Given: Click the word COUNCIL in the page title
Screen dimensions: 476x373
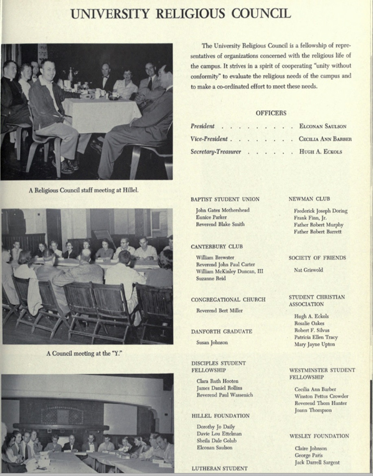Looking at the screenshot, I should pos(261,13).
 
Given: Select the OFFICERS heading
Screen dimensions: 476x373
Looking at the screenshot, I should pos(271,113).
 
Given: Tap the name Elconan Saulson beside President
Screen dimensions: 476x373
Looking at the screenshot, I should pos(323,126).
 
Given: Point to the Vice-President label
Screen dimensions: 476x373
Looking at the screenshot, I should pos(209,139).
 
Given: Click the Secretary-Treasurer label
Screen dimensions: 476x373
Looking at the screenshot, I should pos(216,151).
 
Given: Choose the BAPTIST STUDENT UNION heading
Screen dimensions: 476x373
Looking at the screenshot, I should pos(225,199).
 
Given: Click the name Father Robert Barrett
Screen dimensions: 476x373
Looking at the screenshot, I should pos(318,232).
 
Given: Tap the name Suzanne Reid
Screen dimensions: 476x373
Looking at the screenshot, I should pos(211,279).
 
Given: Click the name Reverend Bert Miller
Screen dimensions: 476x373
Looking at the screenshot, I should pos(219,310).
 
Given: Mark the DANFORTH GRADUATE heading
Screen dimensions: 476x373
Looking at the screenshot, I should pos(222,331).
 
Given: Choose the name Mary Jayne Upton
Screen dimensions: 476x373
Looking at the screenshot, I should pos(314,344).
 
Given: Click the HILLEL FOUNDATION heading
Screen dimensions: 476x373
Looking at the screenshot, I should pos(220,416).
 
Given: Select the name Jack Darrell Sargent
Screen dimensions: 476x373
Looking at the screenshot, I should pos(317,462).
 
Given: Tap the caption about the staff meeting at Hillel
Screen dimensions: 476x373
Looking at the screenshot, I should pos(83,190).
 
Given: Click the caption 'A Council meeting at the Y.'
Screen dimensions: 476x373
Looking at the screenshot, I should pos(84,353).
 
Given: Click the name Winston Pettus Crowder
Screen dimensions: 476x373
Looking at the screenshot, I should pos(321,396).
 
